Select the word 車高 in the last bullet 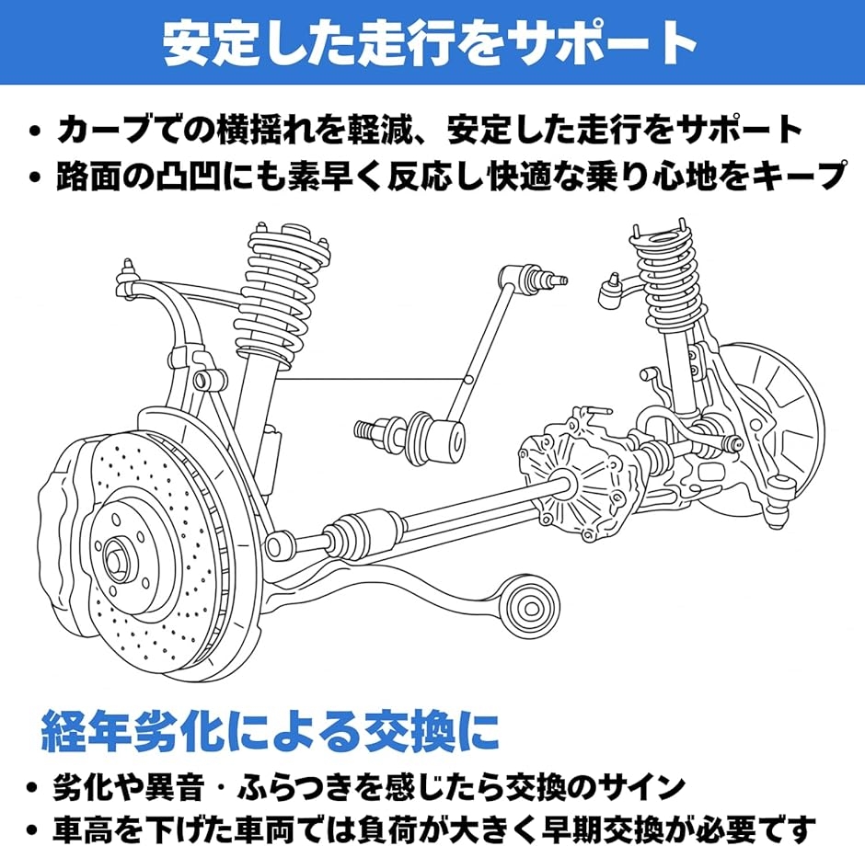(x=84, y=829)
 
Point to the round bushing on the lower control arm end (x=530, y=607)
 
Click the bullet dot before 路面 (x=36, y=177)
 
